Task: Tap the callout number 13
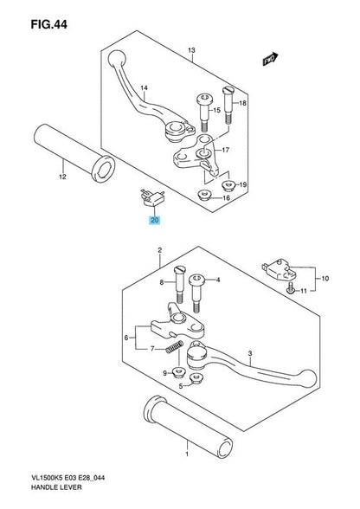click(191, 50)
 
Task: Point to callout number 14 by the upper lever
click(145, 88)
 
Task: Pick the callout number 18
click(243, 103)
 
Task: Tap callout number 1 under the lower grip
click(184, 453)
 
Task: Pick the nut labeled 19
click(228, 184)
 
